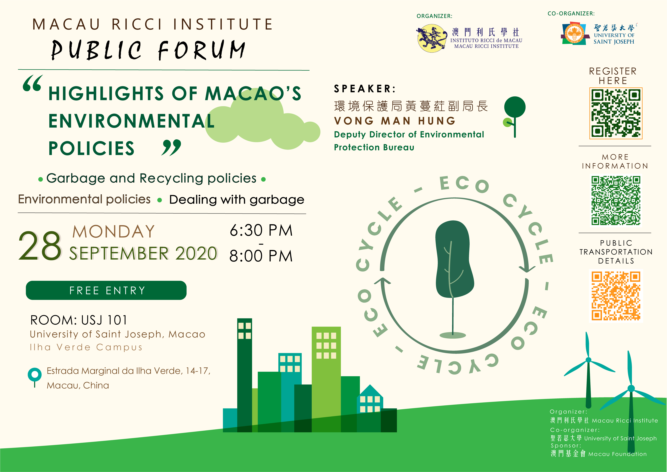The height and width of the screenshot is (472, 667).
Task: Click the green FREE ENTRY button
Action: coord(106,290)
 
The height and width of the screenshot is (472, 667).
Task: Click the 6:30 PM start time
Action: coord(261,230)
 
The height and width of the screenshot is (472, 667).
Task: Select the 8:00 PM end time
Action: coord(261,256)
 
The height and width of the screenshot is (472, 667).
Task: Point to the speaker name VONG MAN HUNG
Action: coord(395,121)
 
